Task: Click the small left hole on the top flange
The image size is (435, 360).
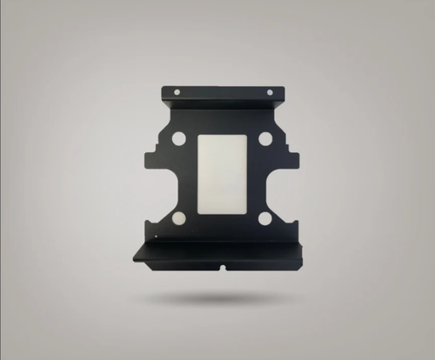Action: pos(177,91)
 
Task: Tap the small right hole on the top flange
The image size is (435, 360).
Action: pos(269,91)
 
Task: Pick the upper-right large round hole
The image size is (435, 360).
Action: pos(265,137)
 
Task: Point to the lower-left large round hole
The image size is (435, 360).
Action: pos(179,218)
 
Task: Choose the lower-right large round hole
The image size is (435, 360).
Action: pos(265,218)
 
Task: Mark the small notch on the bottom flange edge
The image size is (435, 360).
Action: pos(223,265)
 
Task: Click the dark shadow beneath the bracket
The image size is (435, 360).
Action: pos(217,299)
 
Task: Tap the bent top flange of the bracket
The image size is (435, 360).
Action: pos(223,95)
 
